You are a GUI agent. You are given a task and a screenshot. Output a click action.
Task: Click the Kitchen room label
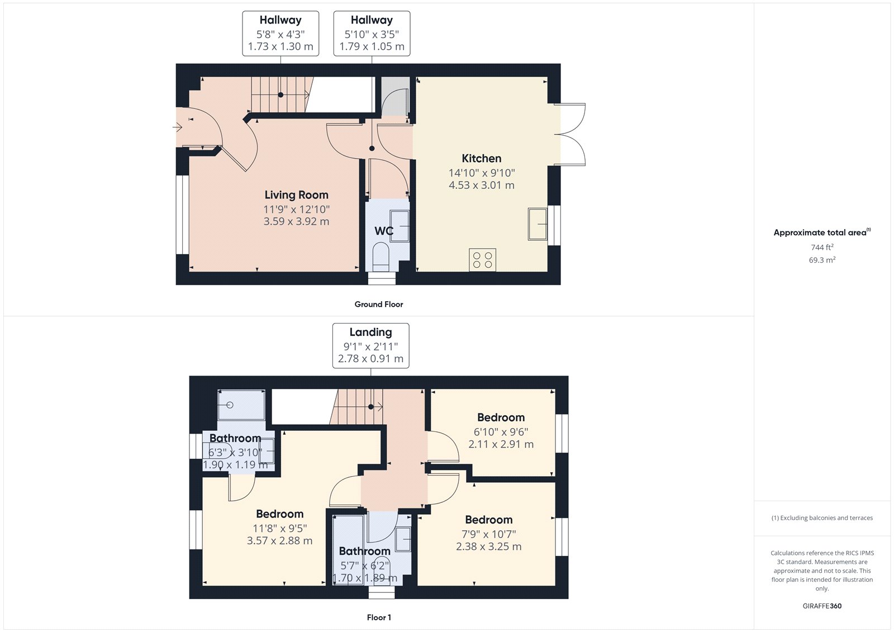pos(481,159)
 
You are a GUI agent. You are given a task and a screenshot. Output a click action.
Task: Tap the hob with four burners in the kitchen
pos(482,260)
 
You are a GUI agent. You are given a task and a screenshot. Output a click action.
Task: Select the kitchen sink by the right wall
pos(537,224)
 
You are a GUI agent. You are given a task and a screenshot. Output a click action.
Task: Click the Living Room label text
pos(296,195)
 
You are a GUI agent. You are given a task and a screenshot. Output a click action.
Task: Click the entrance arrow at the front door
pos(178,127)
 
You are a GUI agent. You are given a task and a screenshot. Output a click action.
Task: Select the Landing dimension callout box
pos(370,345)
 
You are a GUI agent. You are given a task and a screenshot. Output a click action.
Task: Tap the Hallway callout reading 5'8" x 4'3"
pos(280,34)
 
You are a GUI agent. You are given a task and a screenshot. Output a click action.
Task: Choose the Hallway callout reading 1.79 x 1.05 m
pos(372,34)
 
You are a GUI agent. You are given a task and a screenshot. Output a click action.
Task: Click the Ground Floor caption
pos(378,305)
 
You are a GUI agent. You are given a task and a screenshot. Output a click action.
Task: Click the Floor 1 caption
pos(379,617)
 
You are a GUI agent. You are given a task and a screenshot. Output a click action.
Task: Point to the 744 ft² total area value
pos(822,247)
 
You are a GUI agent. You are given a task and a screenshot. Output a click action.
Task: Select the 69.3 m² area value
pos(822,260)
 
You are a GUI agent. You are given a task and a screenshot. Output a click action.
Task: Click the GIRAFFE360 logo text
pos(822,606)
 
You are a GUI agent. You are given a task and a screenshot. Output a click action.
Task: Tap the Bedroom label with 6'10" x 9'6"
pos(501,418)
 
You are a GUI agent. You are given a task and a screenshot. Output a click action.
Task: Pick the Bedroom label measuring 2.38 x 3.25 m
pos(488,520)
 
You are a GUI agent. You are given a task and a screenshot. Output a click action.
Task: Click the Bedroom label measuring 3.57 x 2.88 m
pos(279,514)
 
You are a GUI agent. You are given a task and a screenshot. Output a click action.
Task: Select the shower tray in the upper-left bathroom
pos(241,405)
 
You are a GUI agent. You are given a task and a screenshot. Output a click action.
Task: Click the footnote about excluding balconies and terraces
pos(822,518)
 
